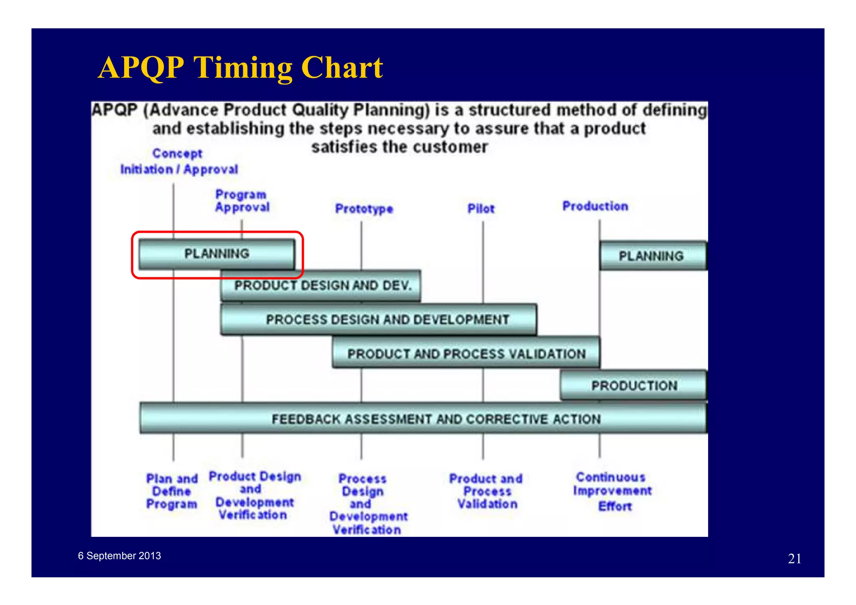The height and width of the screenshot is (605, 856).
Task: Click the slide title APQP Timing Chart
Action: [240, 68]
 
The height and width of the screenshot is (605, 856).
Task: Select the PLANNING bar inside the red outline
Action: [217, 254]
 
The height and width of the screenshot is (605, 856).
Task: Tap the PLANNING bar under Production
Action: [652, 256]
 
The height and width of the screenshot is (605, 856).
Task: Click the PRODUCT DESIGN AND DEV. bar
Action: [322, 286]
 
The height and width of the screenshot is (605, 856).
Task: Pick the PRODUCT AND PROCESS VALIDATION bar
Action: [466, 353]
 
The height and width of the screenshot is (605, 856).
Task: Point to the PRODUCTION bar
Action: [634, 385]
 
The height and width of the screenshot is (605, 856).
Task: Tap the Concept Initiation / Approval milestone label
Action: [178, 162]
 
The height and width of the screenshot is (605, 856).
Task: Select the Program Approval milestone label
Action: [242, 201]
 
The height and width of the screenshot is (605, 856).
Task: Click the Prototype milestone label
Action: [364, 208]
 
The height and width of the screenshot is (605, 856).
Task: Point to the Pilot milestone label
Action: [481, 208]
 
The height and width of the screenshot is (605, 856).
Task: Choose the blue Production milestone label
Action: [595, 206]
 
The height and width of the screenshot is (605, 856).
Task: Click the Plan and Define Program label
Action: [172, 491]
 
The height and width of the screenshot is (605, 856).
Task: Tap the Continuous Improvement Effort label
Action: [612, 491]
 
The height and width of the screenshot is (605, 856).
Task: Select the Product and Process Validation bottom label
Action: [486, 491]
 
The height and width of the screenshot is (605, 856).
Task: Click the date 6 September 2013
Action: [120, 556]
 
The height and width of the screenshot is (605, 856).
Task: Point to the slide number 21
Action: [795, 559]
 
